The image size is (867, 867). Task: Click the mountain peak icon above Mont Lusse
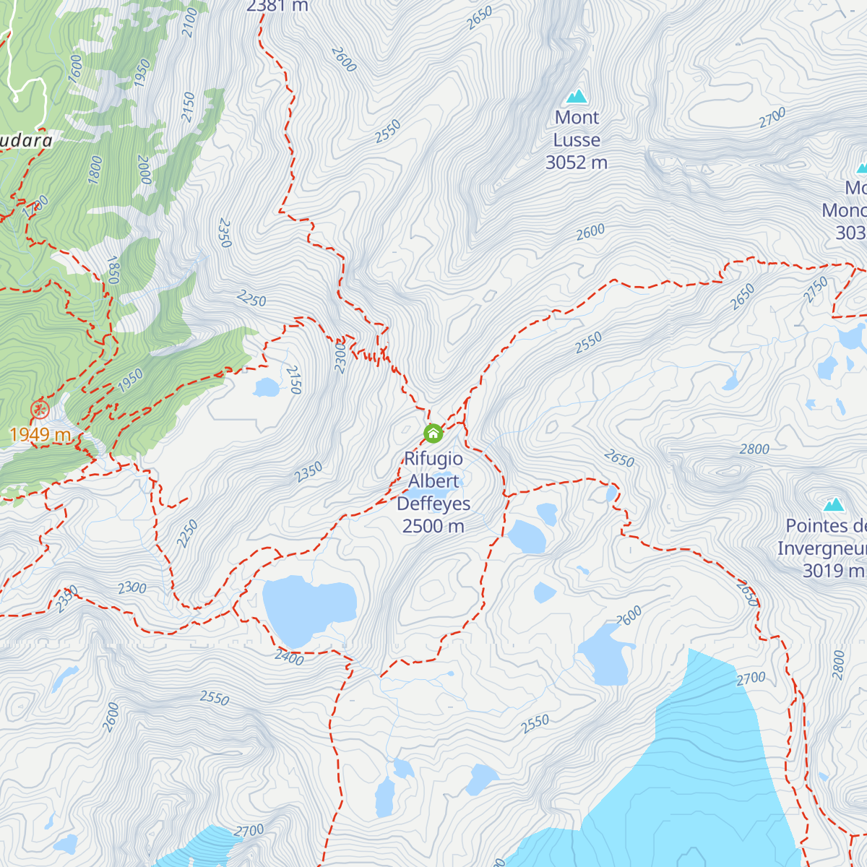(576, 95)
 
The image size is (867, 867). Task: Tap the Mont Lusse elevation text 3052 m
(576, 163)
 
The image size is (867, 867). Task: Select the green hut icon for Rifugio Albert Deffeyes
(433, 433)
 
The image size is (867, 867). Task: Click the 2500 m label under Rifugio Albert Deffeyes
(433, 526)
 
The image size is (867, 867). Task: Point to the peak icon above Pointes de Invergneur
(834, 504)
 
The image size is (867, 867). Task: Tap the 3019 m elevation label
(833, 570)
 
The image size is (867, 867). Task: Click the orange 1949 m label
(40, 434)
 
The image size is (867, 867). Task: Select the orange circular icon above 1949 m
(40, 410)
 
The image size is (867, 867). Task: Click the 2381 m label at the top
(277, 7)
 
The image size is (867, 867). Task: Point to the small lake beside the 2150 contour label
(266, 388)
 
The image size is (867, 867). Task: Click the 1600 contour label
(75, 69)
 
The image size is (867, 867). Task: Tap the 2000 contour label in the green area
(144, 170)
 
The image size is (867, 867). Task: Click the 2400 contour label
(289, 657)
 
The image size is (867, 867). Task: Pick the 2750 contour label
(816, 290)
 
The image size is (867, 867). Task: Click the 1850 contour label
(113, 270)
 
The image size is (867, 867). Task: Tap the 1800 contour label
(95, 170)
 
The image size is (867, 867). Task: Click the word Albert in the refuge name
(433, 481)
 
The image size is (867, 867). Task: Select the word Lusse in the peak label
(576, 140)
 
